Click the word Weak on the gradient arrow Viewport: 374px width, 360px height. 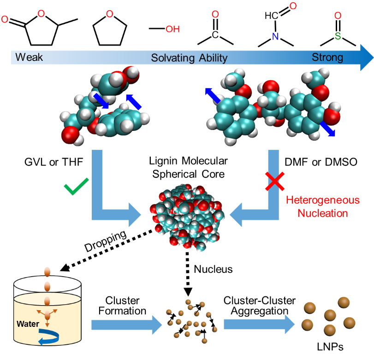pyautogui.click(x=29, y=57)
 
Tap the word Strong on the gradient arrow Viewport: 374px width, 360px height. pyautogui.click(x=327, y=57)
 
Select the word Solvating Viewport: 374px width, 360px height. pyautogui.click(x=173, y=58)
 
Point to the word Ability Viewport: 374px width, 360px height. pyautogui.click(x=213, y=58)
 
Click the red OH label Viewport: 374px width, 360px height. pyautogui.click(x=172, y=30)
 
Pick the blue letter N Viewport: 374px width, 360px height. pyautogui.click(x=275, y=37)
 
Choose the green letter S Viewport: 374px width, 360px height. pyautogui.click(x=338, y=36)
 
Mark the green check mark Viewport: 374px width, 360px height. pyautogui.click(x=76, y=188)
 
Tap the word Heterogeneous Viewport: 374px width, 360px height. pyautogui.click(x=322, y=201)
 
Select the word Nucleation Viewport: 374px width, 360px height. pyautogui.click(x=322, y=213)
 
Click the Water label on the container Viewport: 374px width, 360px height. pyautogui.click(x=28, y=324)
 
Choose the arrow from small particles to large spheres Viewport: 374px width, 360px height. pyautogui.click(x=259, y=325)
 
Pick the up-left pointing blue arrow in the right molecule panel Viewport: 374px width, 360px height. pyautogui.click(x=213, y=95)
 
